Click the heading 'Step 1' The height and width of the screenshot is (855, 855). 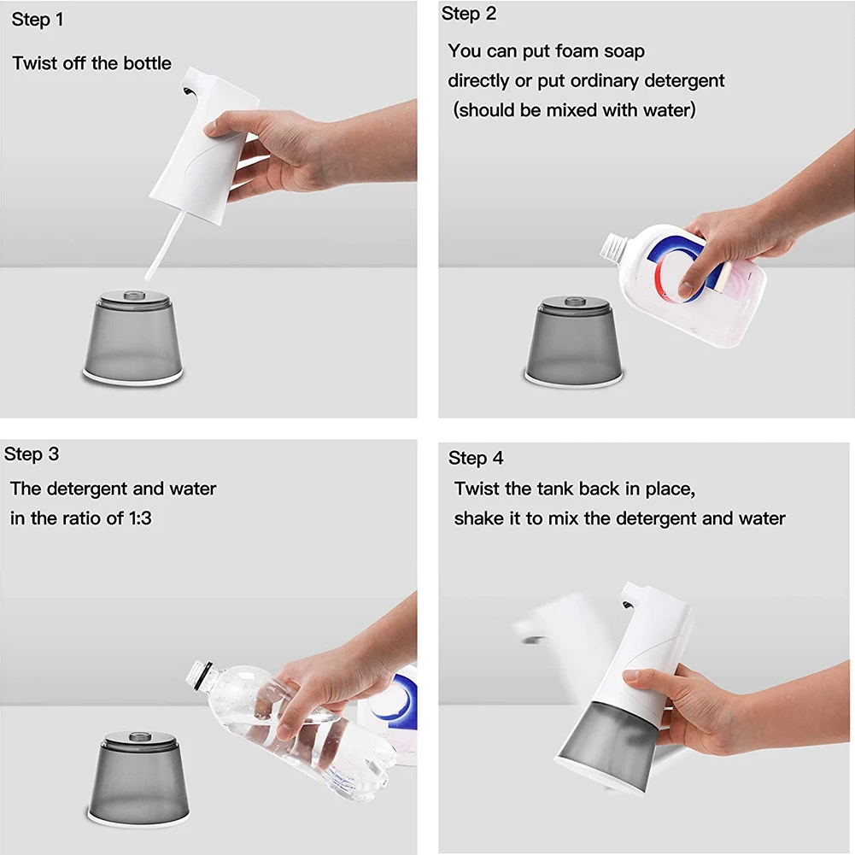(38, 20)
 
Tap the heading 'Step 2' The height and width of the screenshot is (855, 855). (469, 14)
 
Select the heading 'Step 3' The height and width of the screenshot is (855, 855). (32, 454)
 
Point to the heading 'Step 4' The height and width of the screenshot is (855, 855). (476, 458)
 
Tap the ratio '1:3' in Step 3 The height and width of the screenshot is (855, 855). (139, 518)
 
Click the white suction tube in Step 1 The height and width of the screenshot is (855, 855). (165, 245)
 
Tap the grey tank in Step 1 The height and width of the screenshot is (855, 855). (133, 337)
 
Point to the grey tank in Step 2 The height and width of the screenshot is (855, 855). (574, 342)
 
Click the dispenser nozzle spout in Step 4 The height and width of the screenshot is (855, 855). (629, 604)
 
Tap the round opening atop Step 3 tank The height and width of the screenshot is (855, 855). (139, 737)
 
